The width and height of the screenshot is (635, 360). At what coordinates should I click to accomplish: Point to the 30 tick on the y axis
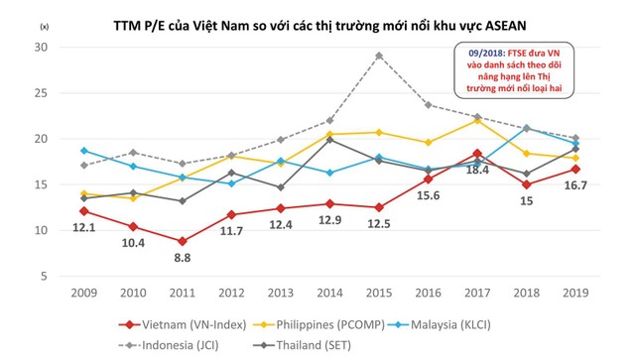coord(40,48)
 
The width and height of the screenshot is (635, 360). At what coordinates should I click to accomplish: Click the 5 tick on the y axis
coord(44,276)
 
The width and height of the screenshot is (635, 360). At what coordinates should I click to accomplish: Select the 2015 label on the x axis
coord(378,295)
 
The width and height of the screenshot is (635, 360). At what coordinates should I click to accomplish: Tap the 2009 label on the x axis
coord(83,295)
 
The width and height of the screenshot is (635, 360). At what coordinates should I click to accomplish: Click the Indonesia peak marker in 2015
coord(378,56)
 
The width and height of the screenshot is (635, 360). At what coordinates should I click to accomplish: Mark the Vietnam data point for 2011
coord(182,241)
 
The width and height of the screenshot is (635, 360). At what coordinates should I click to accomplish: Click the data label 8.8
coord(182,260)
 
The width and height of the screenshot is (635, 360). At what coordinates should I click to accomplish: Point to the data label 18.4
coord(478,171)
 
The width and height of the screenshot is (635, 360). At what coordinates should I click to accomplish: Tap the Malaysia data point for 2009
coord(83,151)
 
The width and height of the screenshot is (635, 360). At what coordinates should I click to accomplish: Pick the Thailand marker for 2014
coord(329,140)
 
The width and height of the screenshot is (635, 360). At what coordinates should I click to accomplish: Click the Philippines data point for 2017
coord(476,120)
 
